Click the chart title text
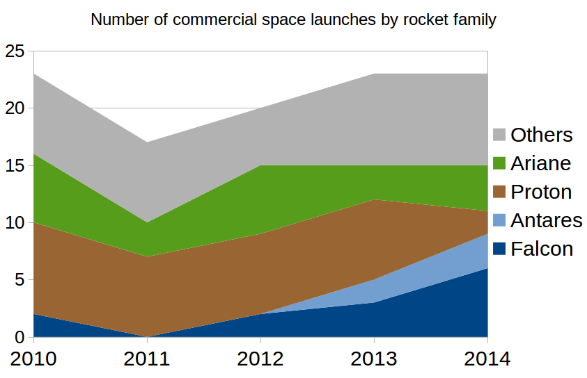(294, 19)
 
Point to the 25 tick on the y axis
(15, 51)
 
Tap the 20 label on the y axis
(15, 108)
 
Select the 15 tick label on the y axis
(15, 165)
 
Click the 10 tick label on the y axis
(15, 222)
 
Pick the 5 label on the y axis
(19, 280)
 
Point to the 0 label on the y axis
(19, 337)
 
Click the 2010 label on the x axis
(33, 359)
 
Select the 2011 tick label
(147, 359)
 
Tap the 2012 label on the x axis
(260, 359)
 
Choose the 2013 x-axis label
(374, 359)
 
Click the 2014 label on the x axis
(487, 359)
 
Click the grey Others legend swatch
(499, 135)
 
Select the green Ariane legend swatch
(499, 163)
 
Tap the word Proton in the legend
(541, 192)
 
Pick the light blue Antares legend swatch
(499, 220)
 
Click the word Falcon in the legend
(542, 249)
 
